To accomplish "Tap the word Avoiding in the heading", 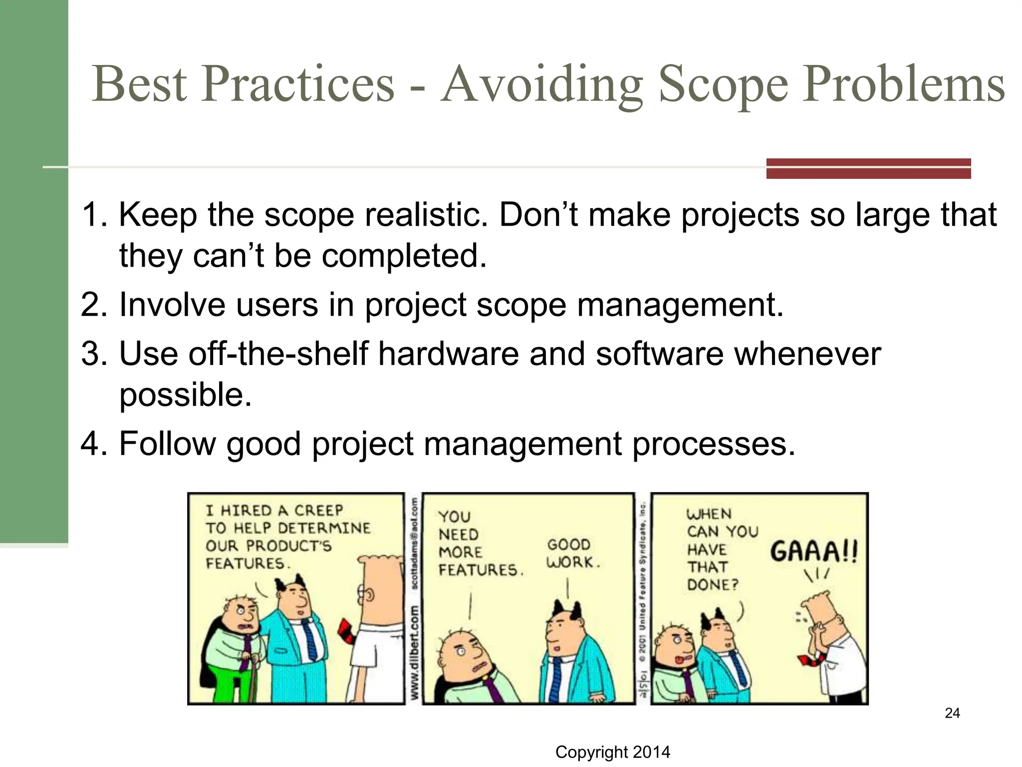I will click(x=542, y=85).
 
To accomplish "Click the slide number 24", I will click(x=952, y=713).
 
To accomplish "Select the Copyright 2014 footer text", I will click(x=612, y=752).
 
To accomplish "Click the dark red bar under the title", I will click(x=868, y=168).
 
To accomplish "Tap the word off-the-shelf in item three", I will click(x=279, y=354).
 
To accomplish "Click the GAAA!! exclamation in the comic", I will click(x=813, y=552).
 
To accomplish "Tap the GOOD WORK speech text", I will click(x=571, y=553).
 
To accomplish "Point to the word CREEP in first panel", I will click(x=318, y=510).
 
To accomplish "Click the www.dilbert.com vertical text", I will click(x=414, y=652).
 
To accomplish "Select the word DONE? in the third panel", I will click(x=712, y=585).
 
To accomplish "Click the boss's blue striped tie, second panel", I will click(x=555, y=679).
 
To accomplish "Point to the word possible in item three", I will click(x=185, y=395).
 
